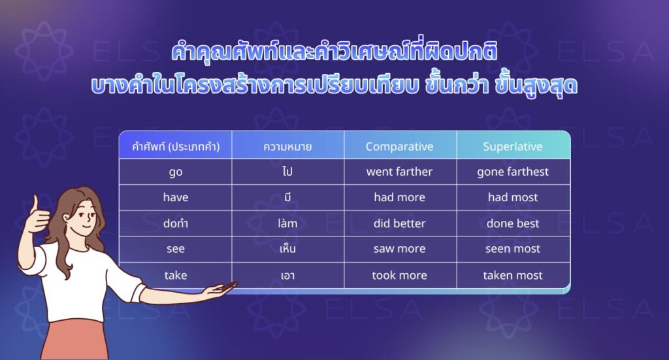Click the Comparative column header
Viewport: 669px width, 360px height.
[x=399, y=146]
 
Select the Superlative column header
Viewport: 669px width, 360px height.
[x=512, y=146]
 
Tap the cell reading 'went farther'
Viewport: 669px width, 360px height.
[x=399, y=171]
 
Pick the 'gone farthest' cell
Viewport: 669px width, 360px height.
[x=512, y=172]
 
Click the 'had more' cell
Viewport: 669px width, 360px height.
[x=399, y=197]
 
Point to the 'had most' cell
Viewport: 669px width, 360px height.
[x=512, y=197]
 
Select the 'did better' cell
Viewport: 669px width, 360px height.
[x=399, y=223]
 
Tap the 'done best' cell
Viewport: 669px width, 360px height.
[x=512, y=223]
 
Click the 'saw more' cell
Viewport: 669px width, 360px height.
[x=399, y=249]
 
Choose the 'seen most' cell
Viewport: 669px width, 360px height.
[x=512, y=249]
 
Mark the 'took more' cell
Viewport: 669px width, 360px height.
[x=399, y=275]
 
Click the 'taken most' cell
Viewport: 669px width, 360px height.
[x=512, y=275]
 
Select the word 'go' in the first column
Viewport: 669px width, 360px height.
[x=175, y=172]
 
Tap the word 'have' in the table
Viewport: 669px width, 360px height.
[x=175, y=197]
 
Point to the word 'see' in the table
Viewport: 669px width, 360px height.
[x=175, y=249]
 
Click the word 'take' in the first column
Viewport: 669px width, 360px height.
[x=175, y=275]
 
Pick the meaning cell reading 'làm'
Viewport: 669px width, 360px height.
[x=287, y=223]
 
